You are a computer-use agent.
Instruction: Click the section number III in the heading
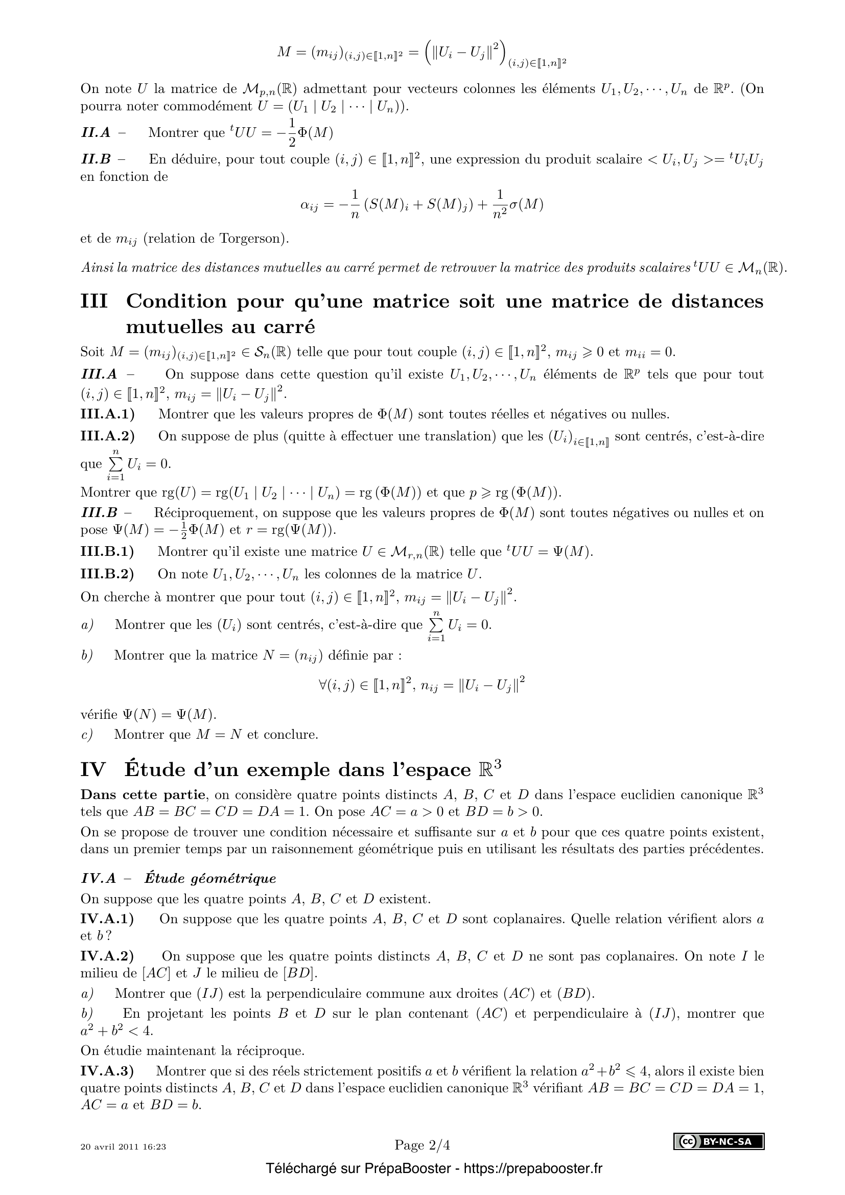(x=94, y=301)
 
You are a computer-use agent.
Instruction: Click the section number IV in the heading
(x=92, y=769)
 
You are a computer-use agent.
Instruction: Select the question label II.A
(x=96, y=133)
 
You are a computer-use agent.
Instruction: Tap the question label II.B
(x=96, y=159)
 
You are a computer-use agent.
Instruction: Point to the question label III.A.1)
(x=107, y=414)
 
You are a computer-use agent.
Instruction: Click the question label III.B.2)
(x=107, y=574)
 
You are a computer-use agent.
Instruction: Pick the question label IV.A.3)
(x=107, y=1071)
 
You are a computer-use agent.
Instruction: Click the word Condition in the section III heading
(x=176, y=301)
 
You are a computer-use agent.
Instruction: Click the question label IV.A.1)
(x=107, y=919)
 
